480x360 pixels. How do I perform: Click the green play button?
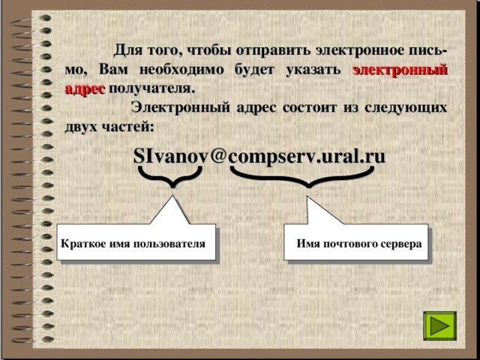[439, 329]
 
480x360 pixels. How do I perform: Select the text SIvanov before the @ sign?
[171, 156]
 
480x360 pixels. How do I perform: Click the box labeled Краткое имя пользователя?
[135, 244]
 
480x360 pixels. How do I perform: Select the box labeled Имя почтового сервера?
[358, 244]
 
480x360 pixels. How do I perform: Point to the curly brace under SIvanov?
[171, 176]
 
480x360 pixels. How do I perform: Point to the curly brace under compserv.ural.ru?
[303, 176]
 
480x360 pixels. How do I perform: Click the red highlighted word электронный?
[400, 70]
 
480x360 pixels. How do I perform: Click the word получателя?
[151, 88]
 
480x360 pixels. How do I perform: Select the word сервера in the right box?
[400, 244]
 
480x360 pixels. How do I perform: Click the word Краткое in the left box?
[81, 244]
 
